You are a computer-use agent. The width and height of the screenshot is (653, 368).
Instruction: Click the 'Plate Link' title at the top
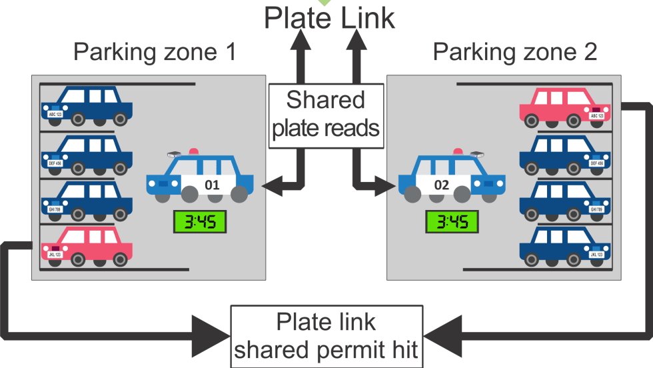point(329,17)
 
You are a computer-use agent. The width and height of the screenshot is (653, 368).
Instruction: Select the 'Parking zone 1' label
point(155,52)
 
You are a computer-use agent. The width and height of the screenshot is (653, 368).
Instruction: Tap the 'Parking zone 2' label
point(515,52)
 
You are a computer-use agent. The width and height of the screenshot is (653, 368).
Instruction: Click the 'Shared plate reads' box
point(326,114)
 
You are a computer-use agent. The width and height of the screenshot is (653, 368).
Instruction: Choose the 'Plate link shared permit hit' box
point(326,336)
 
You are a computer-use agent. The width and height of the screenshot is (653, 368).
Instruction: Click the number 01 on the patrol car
point(212,184)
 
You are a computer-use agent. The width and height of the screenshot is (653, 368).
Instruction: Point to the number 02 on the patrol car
point(441,184)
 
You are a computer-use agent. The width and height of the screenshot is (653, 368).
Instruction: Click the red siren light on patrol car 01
point(193,149)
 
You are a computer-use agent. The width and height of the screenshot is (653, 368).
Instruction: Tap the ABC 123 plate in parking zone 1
point(55,115)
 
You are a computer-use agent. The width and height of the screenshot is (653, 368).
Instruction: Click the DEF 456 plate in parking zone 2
point(597,163)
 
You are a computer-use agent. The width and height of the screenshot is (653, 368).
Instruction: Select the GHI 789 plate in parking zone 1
point(55,209)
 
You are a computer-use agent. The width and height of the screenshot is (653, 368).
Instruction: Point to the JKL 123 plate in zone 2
point(597,255)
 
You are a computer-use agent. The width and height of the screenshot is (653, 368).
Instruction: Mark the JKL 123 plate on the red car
point(55,255)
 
